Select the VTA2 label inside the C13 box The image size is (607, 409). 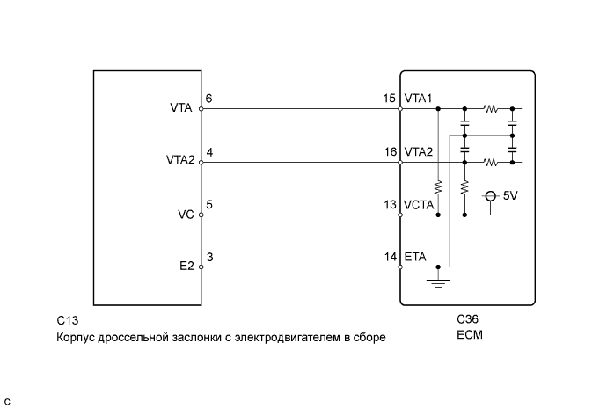(178, 162)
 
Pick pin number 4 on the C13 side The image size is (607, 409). (208, 151)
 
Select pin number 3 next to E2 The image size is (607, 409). (208, 257)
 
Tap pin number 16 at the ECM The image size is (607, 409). (390, 151)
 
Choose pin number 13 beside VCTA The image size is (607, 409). (390, 204)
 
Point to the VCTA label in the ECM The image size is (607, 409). (421, 204)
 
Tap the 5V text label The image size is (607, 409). (511, 196)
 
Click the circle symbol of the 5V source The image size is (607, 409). (491, 197)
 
